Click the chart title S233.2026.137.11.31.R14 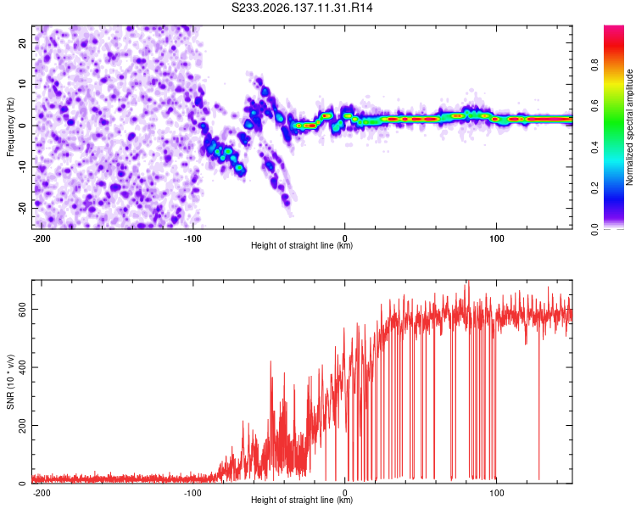(x=302, y=8)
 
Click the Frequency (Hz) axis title (x=10, y=127)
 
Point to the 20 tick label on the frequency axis (x=22, y=43)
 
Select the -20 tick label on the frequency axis (x=22, y=208)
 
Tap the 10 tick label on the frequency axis (x=22, y=85)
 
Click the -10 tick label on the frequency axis (x=22, y=167)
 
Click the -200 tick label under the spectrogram (x=41, y=238)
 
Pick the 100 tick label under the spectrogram (x=496, y=238)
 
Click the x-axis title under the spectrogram (x=302, y=245)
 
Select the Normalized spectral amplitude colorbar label (x=629, y=127)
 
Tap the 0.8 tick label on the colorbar (x=594, y=65)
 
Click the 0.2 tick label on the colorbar (x=594, y=188)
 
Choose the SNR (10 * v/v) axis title (x=10, y=382)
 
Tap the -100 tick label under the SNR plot (x=192, y=493)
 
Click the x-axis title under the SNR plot (x=302, y=500)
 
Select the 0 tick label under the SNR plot (x=345, y=493)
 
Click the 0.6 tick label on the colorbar (x=594, y=106)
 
